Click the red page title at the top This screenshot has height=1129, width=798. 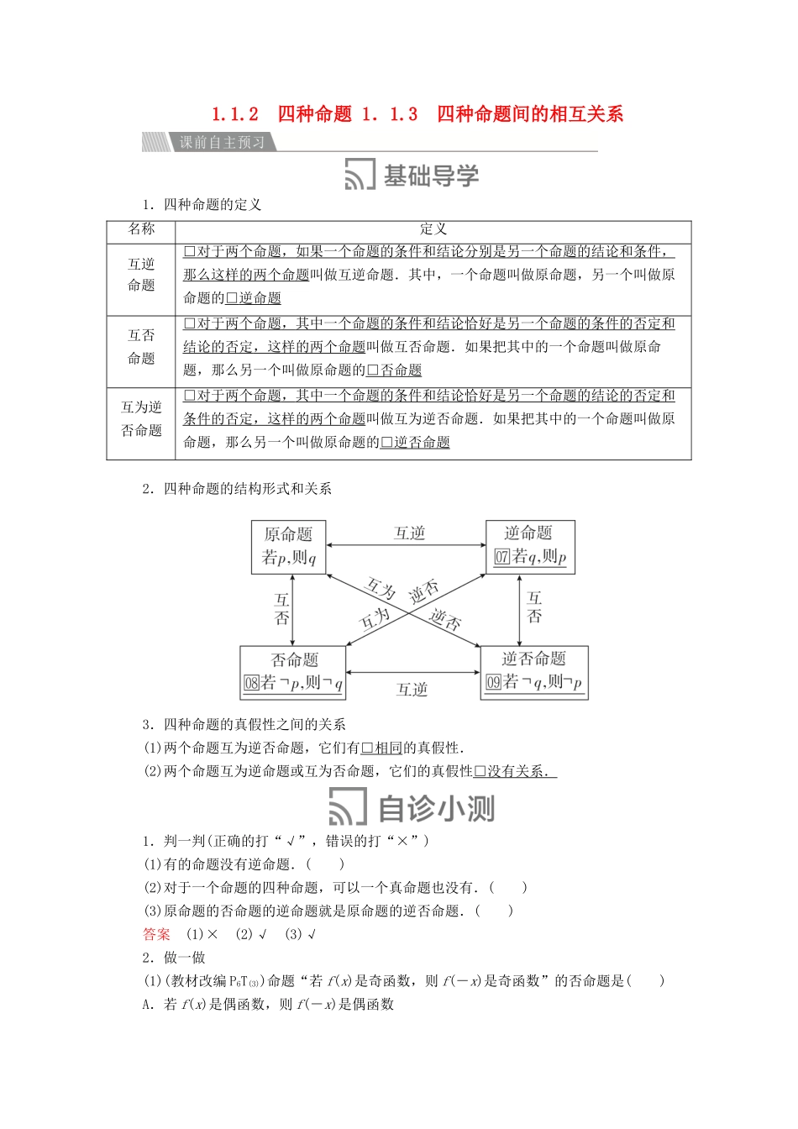pyautogui.click(x=417, y=114)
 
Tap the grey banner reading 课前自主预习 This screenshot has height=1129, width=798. pyautogui.click(x=222, y=142)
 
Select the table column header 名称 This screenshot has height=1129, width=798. pyautogui.click(x=141, y=229)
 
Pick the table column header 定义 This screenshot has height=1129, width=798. pyautogui.click(x=433, y=229)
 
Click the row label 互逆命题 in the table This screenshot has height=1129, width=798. pyautogui.click(x=141, y=275)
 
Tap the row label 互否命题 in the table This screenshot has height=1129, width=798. pyautogui.click(x=141, y=347)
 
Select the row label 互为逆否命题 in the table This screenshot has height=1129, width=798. pyautogui.click(x=141, y=419)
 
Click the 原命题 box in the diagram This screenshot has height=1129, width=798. pyautogui.click(x=288, y=546)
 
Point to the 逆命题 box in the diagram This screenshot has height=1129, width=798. pyautogui.click(x=529, y=546)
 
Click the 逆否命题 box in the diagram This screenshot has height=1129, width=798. pyautogui.click(x=534, y=671)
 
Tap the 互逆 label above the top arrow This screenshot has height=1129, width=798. pyautogui.click(x=410, y=533)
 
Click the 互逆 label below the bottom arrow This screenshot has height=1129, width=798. pyautogui.click(x=412, y=690)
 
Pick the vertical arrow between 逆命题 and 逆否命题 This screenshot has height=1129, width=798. pyautogui.click(x=520, y=610)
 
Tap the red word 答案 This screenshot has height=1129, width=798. pyautogui.click(x=156, y=934)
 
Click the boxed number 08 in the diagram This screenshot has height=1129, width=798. pyautogui.click(x=251, y=683)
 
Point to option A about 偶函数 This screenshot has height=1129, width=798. pyautogui.click(x=269, y=1004)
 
